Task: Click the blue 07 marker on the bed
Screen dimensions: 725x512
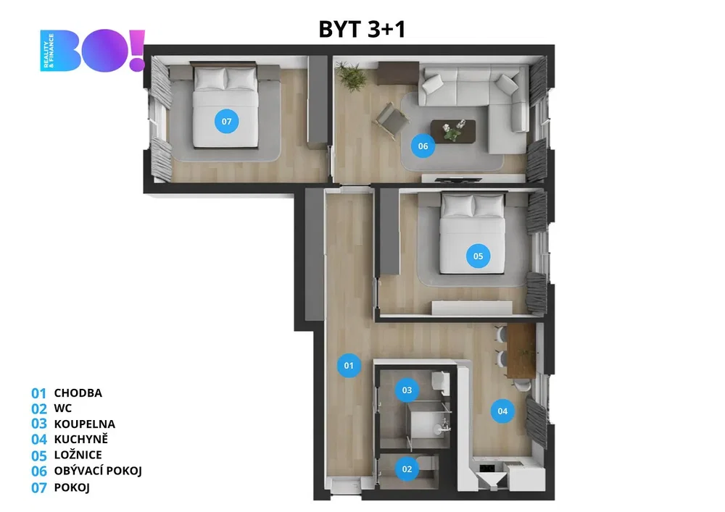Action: pos(226,122)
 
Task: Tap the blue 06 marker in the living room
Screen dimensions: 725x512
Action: pos(423,146)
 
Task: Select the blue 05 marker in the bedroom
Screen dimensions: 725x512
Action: pos(478,256)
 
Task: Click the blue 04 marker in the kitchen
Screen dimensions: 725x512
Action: pos(502,411)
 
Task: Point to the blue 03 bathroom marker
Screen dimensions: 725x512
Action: pos(407,390)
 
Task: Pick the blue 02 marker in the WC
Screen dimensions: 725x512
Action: pos(407,469)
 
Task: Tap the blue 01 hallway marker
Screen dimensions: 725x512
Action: pos(349,366)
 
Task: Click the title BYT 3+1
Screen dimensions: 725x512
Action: pos(362,29)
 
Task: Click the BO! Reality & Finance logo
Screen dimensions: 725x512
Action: pos(93,50)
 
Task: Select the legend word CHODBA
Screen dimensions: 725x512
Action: pos(78,393)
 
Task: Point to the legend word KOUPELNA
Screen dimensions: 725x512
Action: pos(85,424)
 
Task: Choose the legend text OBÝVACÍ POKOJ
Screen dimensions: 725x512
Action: pos(98,471)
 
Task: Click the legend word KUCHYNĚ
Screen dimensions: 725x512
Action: pos(81,439)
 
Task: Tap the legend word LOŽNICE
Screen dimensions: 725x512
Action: pos(78,455)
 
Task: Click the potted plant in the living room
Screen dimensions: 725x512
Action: pos(351,75)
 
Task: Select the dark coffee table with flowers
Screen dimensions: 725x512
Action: pos(453,131)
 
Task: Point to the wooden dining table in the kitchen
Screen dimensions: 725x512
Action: pos(521,351)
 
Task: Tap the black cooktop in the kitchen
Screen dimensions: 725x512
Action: pos(487,468)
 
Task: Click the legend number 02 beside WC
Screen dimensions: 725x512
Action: pos(39,408)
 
